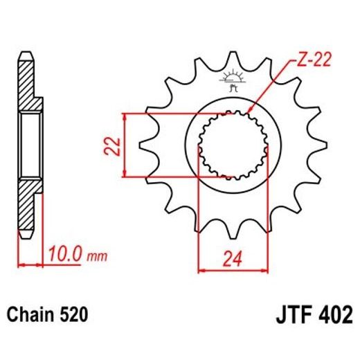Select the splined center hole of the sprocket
232,145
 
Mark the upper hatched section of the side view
26,87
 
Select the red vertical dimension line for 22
125,145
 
